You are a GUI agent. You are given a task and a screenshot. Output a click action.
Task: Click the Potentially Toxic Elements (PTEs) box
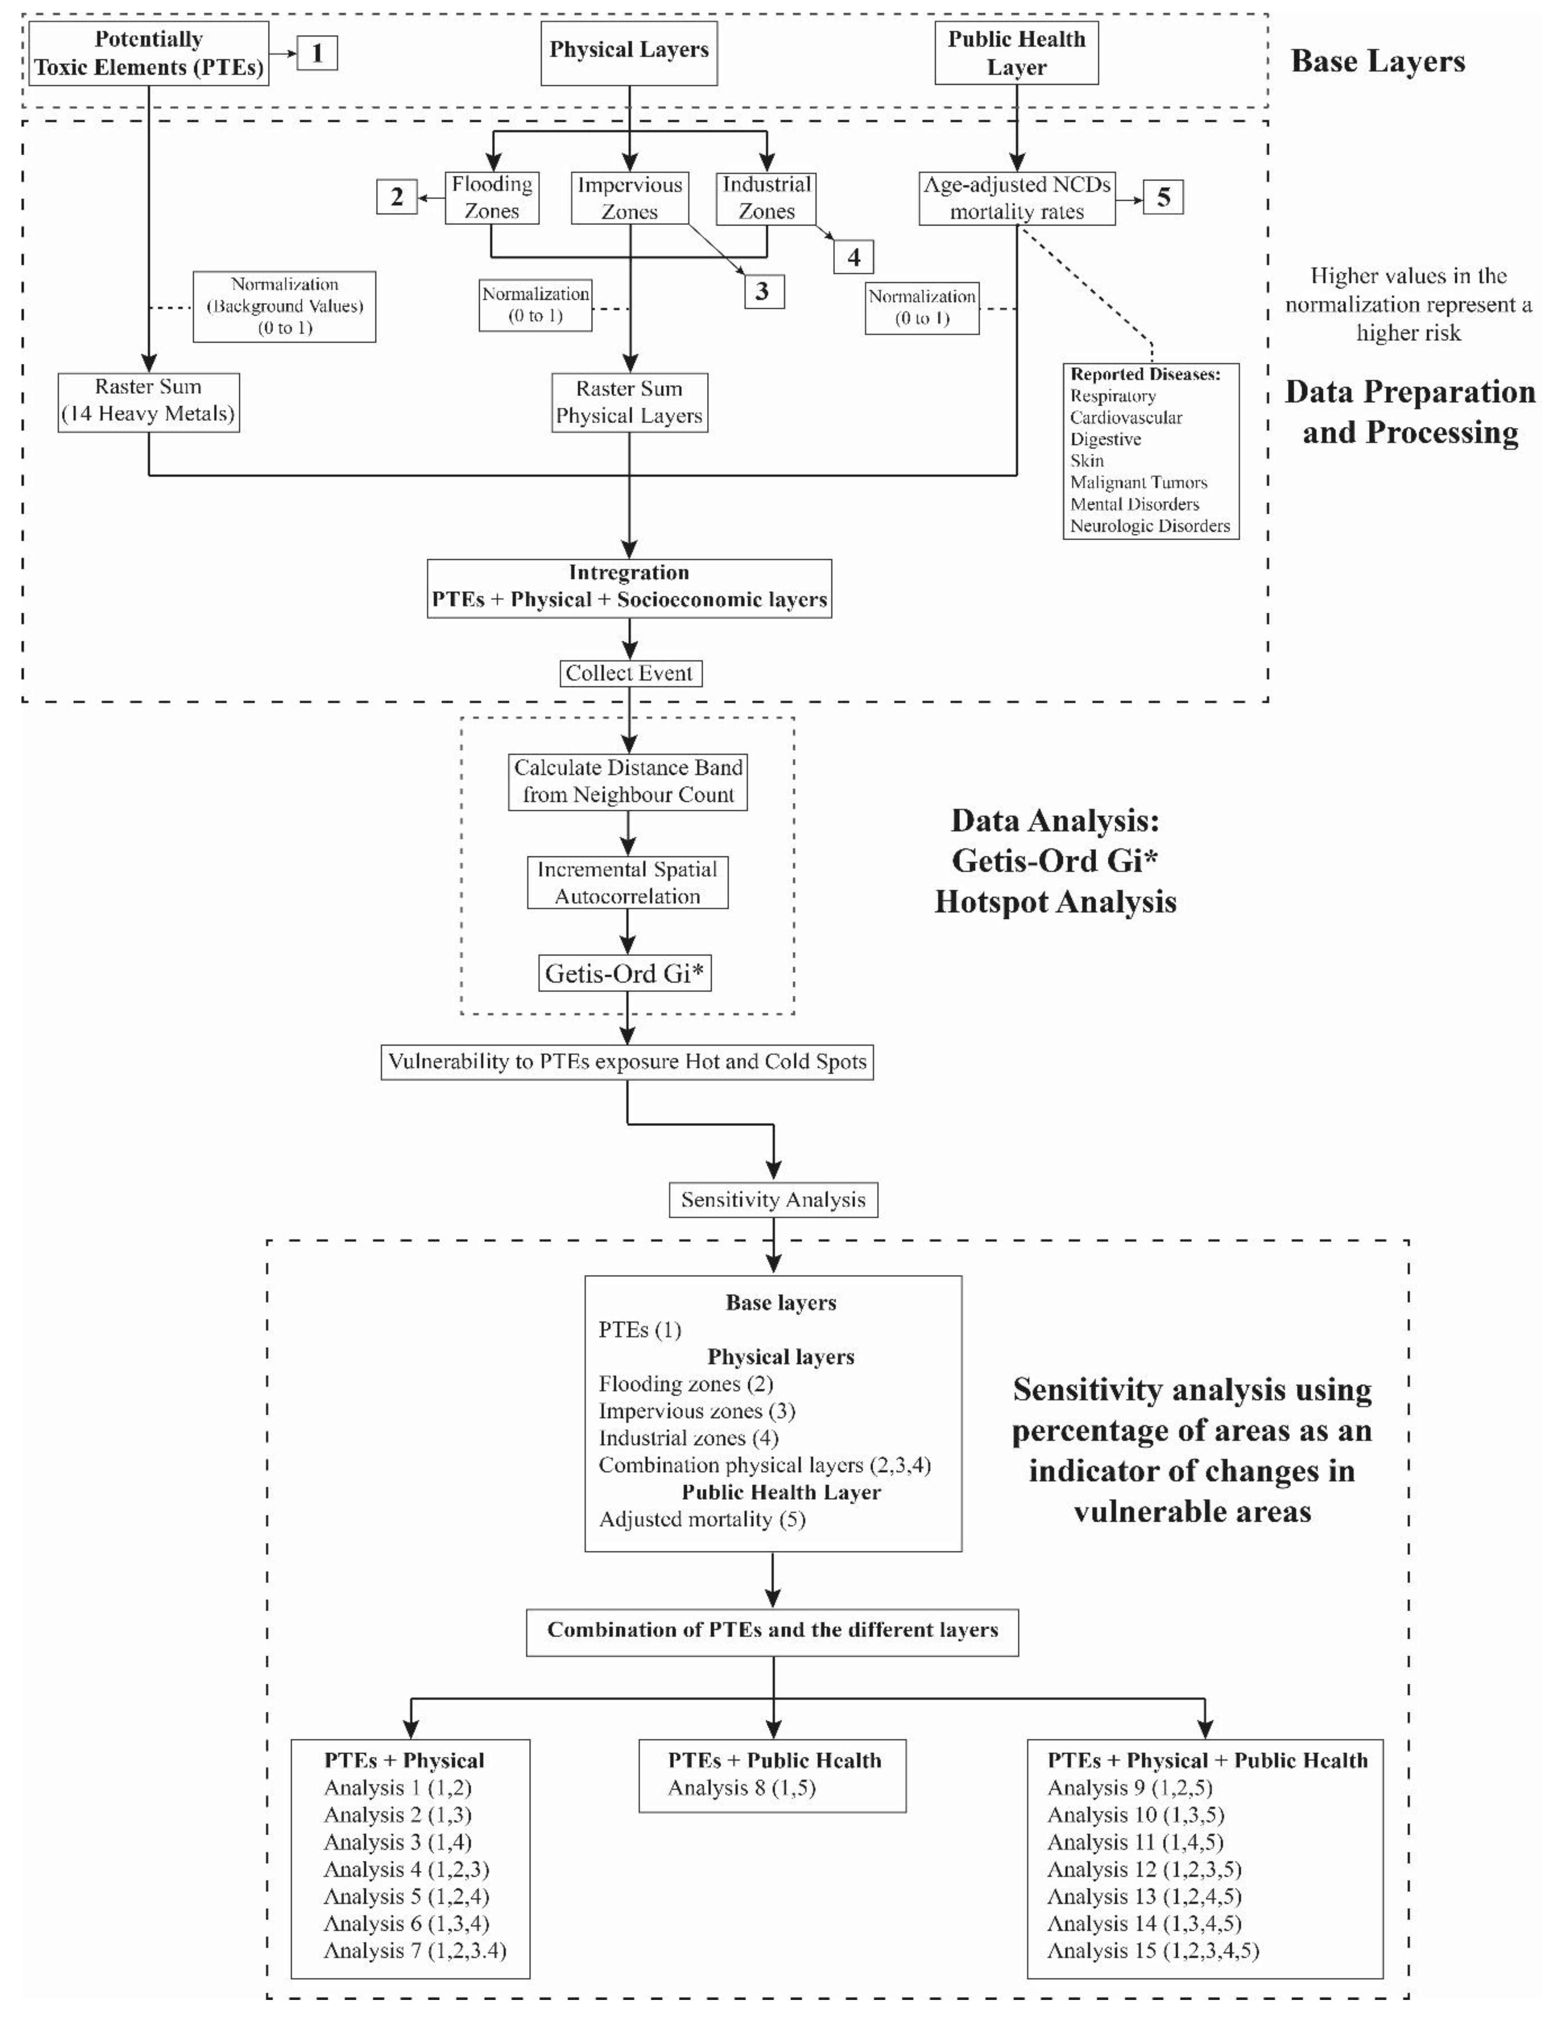[x=149, y=54]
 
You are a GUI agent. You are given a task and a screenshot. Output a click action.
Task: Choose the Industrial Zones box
[x=766, y=198]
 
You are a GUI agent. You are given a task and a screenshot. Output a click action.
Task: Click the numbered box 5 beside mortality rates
[x=1163, y=196]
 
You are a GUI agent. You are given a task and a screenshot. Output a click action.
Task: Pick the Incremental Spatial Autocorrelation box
[x=628, y=883]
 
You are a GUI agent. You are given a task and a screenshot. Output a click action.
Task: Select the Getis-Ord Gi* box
[x=625, y=973]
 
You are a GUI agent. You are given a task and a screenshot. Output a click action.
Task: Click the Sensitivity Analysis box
[x=773, y=1199]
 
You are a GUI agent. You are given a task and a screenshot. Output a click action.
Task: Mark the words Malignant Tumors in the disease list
[x=1138, y=482]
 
